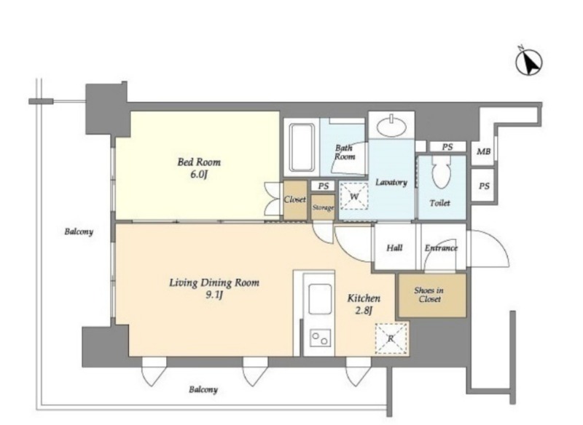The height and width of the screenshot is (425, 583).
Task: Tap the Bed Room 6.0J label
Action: click(199, 168)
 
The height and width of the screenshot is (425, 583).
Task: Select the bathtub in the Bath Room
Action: click(302, 147)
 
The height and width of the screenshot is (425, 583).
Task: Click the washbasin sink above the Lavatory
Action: click(391, 126)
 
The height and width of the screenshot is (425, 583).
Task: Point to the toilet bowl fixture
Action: click(442, 172)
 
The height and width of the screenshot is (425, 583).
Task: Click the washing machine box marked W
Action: click(354, 196)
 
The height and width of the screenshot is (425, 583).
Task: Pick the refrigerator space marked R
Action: click(391, 338)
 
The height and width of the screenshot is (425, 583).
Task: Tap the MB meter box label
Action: click(483, 151)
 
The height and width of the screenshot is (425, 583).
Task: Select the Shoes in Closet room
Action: click(432, 295)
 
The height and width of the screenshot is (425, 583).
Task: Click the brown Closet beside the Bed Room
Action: click(295, 199)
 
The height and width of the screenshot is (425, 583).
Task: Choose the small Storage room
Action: click(323, 207)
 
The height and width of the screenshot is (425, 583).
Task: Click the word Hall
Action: click(394, 247)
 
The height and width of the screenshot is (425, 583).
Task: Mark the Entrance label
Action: click(441, 247)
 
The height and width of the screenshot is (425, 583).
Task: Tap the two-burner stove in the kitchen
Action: click(320, 338)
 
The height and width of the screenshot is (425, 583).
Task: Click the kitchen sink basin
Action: click(320, 299)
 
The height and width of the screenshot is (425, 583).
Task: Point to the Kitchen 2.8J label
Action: click(364, 304)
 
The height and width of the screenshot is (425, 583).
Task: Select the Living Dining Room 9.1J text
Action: click(214, 288)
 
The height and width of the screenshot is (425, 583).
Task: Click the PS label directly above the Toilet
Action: click(447, 147)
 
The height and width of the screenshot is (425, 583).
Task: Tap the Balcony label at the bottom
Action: click(203, 390)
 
